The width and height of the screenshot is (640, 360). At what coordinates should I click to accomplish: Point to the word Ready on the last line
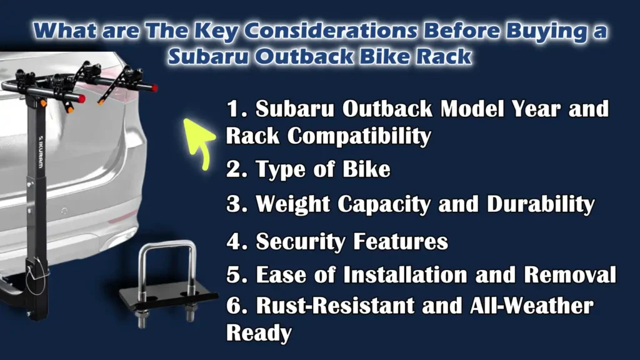click(x=259, y=332)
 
